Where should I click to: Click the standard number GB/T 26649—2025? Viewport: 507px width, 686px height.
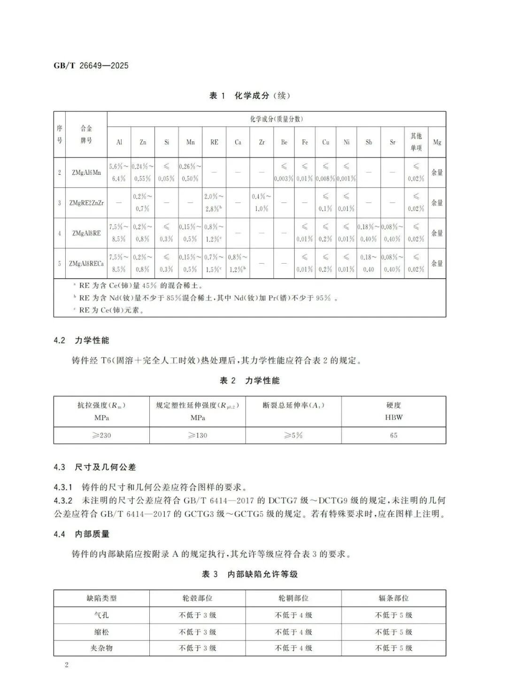[91, 66]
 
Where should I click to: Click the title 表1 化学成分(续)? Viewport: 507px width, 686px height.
[249, 96]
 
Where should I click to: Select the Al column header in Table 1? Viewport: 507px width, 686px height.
[119, 142]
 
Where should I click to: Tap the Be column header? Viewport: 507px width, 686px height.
[284, 142]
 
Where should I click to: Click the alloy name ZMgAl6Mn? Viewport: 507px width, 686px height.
[86, 172]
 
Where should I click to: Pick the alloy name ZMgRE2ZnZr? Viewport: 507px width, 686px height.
[86, 203]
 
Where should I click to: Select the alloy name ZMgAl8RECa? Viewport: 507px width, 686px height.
[86, 264]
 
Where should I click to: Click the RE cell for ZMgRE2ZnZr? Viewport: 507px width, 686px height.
[214, 203]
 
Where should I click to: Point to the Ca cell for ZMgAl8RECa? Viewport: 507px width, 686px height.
[238, 264]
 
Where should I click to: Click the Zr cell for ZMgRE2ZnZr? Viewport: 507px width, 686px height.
[261, 203]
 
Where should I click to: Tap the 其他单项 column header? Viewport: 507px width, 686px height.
[416, 142]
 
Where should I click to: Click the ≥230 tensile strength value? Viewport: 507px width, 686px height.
[101, 436]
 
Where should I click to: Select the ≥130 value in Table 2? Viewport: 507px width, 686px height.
[198, 436]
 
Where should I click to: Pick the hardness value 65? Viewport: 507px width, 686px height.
[393, 436]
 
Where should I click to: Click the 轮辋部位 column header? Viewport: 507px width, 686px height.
[293, 599]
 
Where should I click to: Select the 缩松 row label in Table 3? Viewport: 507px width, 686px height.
[101, 632]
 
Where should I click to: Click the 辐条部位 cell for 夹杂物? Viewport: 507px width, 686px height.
[393, 648]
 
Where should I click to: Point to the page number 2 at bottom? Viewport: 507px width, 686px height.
[67, 665]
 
